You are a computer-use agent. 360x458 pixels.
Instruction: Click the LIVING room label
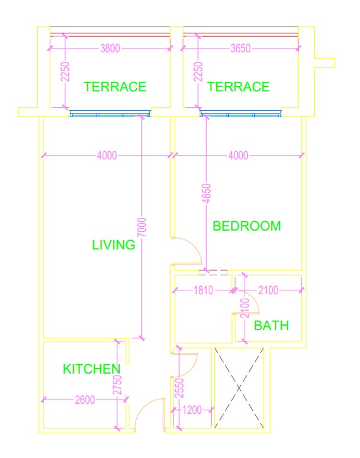(113, 245)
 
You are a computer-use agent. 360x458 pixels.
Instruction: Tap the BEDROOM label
(247, 226)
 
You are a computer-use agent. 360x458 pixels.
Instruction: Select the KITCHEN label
(91, 369)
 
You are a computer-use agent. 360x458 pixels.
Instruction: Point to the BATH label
(271, 326)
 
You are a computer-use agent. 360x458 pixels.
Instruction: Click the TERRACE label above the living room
(115, 87)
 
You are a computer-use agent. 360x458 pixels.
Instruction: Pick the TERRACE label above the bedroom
(238, 87)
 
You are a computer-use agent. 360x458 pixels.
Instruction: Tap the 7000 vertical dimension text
(142, 227)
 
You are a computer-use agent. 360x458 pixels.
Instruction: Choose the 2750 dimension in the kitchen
(117, 385)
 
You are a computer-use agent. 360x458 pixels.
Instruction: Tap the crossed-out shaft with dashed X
(239, 388)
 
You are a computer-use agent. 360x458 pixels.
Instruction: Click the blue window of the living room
(110, 114)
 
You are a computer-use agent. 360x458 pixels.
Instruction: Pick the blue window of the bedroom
(240, 114)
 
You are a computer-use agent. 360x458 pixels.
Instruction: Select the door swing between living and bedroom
(187, 252)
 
